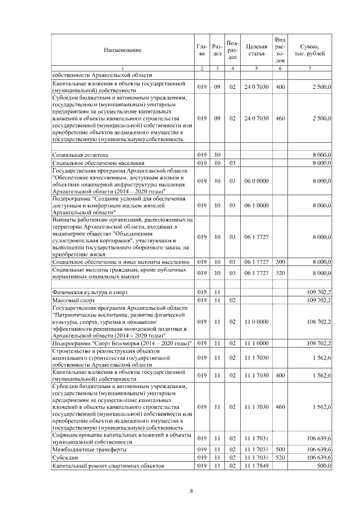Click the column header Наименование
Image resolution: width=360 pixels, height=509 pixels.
click(122, 50)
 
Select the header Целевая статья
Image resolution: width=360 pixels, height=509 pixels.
click(255, 50)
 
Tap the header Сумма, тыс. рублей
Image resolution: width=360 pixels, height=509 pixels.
click(310, 50)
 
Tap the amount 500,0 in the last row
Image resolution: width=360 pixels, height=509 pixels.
click(323, 466)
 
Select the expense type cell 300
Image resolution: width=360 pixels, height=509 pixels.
click(280, 262)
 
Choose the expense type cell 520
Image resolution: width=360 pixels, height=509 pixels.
click(280, 458)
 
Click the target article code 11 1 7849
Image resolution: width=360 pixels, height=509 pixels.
click(255, 466)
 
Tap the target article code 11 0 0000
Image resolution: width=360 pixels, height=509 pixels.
click(255, 322)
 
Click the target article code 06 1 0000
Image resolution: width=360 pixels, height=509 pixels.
click(255, 206)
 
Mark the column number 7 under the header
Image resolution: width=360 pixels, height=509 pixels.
click(310, 68)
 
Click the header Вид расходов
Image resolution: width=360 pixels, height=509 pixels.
click(280, 50)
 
